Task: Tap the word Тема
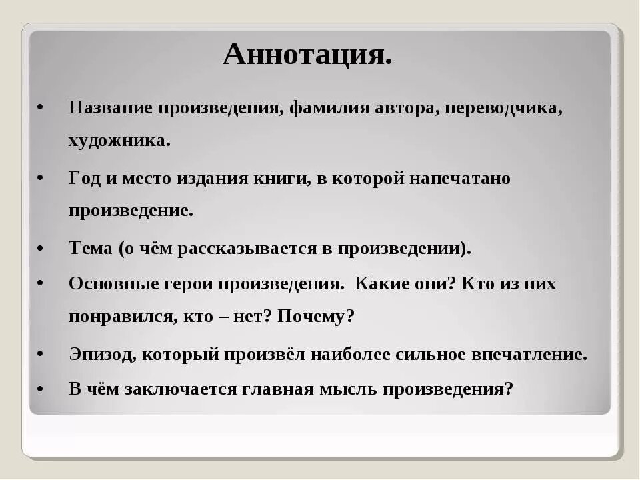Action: pos(90,248)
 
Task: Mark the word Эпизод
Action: pos(101,354)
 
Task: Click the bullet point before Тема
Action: pos(41,248)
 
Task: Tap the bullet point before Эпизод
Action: pos(41,354)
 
